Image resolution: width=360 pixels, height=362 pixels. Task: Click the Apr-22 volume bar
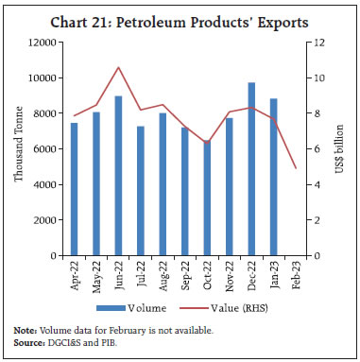point(75,189)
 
